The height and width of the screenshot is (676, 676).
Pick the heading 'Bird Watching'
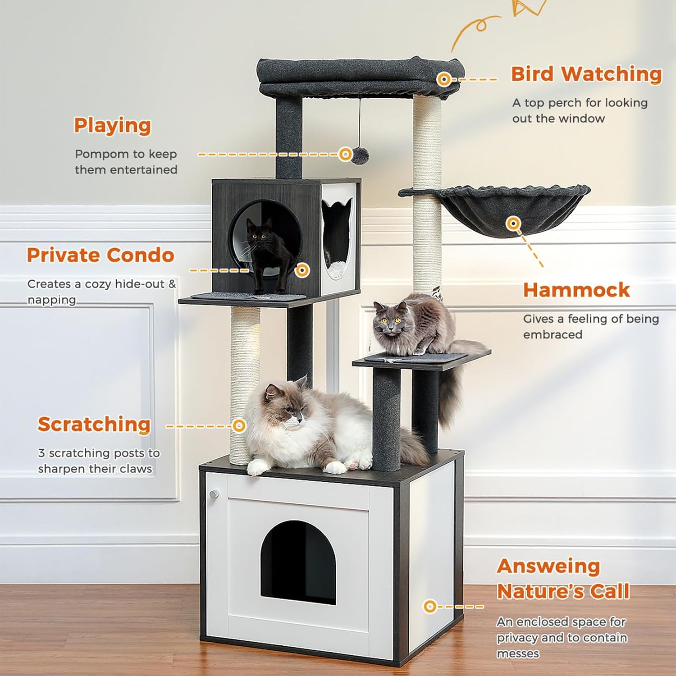pos(586,74)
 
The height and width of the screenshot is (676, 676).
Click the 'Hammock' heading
pos(576,290)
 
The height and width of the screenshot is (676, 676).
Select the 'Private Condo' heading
pos(100,255)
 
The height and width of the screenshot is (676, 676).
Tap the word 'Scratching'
pos(94,425)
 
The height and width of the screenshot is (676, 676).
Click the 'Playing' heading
pos(112,126)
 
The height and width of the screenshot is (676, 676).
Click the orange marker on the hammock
pos(512,223)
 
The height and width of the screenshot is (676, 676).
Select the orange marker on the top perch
pos(444,80)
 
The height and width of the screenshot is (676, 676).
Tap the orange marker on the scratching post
pos(239,425)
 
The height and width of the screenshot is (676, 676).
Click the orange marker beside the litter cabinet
pos(430,606)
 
